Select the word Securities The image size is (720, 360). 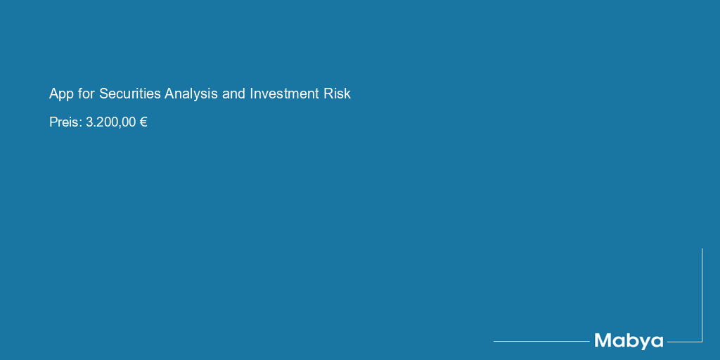click(130, 94)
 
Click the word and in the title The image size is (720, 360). click(233, 94)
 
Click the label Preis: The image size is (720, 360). click(65, 122)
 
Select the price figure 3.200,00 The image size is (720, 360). click(110, 122)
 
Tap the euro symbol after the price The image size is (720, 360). click(143, 122)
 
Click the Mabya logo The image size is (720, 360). click(629, 341)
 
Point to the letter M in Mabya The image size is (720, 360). click(603, 340)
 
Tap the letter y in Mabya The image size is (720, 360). click(643, 343)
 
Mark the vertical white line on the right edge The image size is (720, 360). click(702, 295)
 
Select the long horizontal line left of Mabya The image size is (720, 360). click(541, 341)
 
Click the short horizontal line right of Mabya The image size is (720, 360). click(684, 342)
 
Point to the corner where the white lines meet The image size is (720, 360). click(702, 342)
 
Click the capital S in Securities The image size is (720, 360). click(103, 94)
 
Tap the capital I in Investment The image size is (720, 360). click(252, 94)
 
